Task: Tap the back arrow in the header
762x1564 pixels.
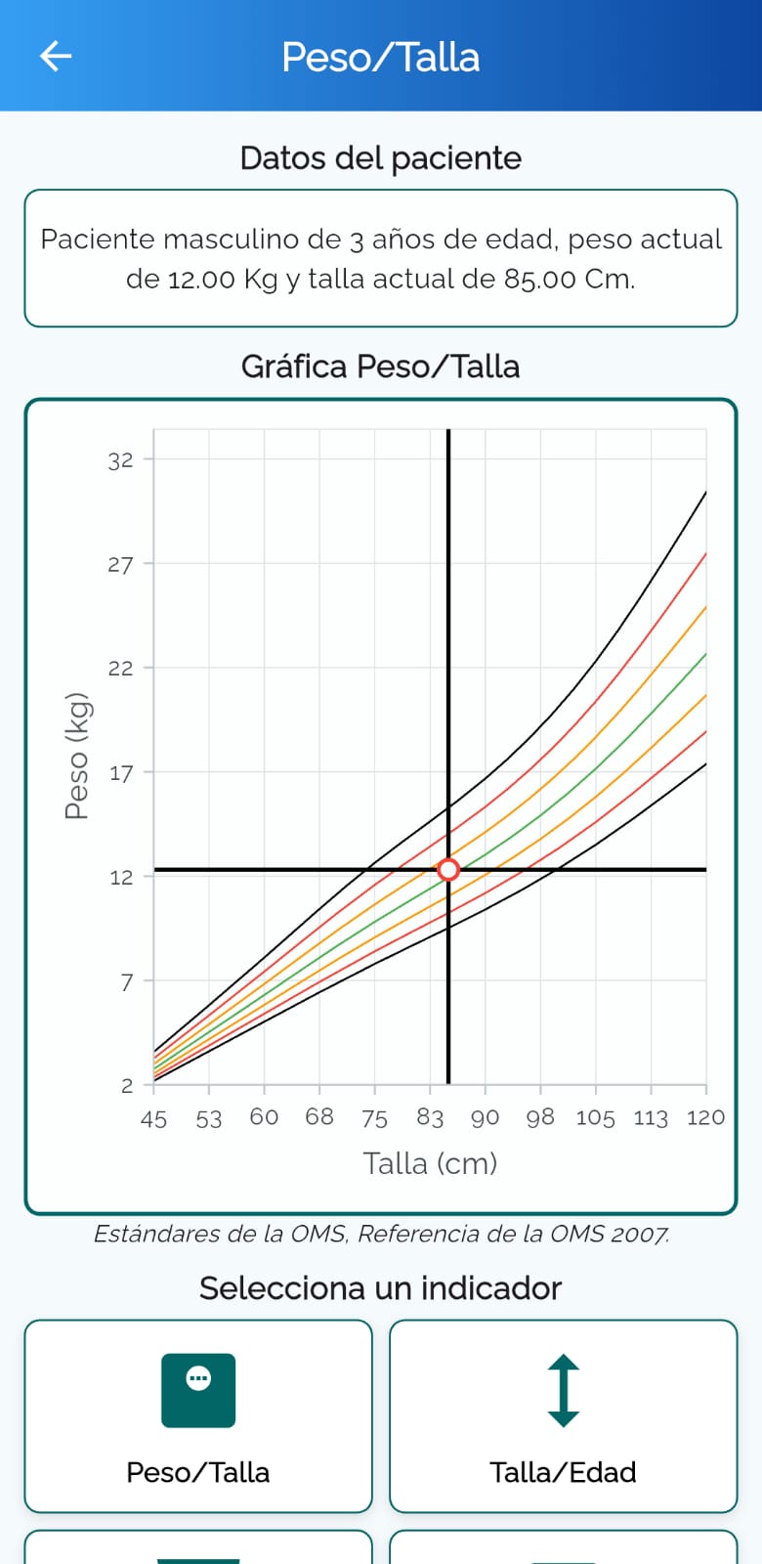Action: click(x=56, y=56)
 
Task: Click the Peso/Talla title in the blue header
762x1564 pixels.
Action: click(x=380, y=58)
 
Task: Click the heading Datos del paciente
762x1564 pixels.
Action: click(x=380, y=158)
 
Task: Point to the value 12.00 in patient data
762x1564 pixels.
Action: click(x=201, y=280)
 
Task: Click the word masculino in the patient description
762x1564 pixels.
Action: click(x=241, y=239)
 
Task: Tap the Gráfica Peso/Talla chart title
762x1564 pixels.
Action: click(x=380, y=367)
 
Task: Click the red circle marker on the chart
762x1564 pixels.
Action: click(x=448, y=869)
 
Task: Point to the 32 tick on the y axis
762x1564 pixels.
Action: click(x=120, y=460)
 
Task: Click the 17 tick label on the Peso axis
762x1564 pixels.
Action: click(x=121, y=773)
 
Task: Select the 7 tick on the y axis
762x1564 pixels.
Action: click(x=126, y=981)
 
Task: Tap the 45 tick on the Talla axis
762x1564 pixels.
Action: click(x=153, y=1119)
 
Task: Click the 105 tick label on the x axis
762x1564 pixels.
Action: click(x=595, y=1118)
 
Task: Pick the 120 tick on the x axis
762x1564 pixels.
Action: click(x=705, y=1118)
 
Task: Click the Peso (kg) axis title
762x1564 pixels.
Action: click(x=77, y=757)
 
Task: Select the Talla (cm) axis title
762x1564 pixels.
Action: click(x=430, y=1164)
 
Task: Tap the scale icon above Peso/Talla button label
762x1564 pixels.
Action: click(x=198, y=1390)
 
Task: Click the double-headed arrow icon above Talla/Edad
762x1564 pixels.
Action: click(x=563, y=1390)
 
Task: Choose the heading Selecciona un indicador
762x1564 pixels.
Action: click(x=380, y=1288)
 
